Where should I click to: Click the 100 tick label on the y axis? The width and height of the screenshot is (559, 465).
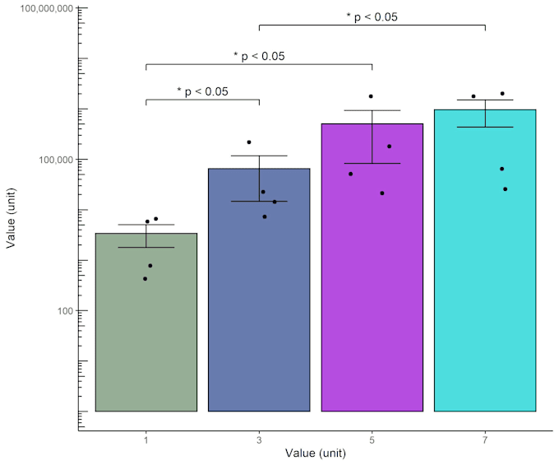click(63, 311)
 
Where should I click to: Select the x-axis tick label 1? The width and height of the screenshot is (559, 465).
click(146, 440)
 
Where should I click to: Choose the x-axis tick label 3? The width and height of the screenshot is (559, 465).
click(259, 440)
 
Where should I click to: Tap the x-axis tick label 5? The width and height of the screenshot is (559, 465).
click(372, 440)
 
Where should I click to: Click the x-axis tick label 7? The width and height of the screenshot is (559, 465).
click(485, 440)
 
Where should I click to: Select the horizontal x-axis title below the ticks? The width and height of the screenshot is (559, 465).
click(316, 453)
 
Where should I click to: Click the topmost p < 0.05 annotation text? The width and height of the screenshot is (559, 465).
click(372, 16)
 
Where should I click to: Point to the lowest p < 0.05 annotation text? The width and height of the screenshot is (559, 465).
click(202, 91)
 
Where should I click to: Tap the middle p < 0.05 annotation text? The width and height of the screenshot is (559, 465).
click(259, 56)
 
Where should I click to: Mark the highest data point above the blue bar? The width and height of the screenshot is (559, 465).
click(249, 142)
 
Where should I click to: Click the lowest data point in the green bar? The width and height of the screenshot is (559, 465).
click(146, 279)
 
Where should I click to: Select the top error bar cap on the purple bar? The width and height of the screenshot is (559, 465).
click(372, 110)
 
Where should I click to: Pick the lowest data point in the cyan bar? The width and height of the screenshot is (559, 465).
click(505, 189)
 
